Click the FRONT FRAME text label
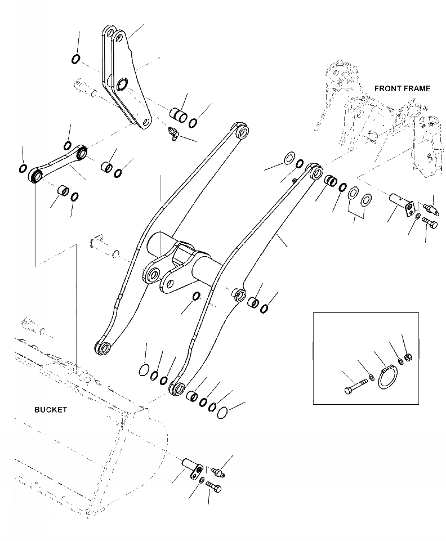tap(402, 88)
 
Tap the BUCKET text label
tap(50, 410)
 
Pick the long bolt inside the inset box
tap(354, 386)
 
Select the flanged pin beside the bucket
tap(193, 467)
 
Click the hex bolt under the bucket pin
tap(214, 485)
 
